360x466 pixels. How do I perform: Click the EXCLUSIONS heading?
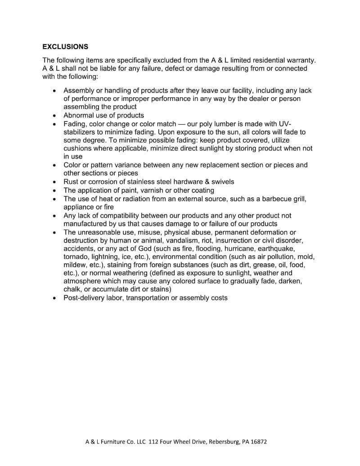(x=65, y=46)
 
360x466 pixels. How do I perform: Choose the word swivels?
(x=220, y=181)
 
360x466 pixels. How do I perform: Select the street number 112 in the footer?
(x=153, y=442)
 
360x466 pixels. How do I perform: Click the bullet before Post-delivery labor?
(x=54, y=298)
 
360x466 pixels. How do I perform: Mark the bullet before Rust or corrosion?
(x=54, y=182)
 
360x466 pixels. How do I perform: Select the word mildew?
(x=75, y=265)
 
